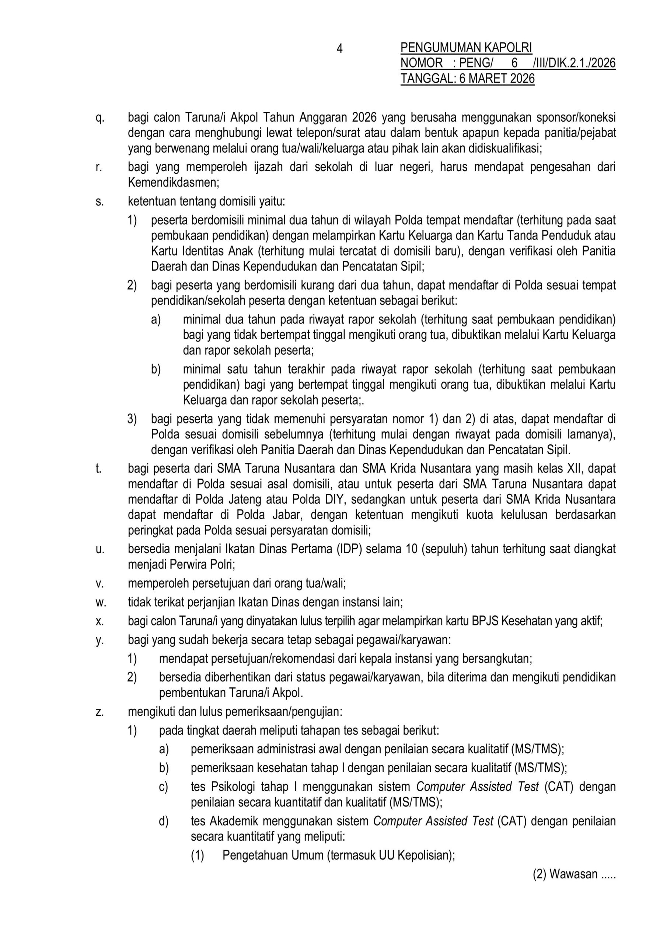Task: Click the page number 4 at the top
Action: [x=339, y=49]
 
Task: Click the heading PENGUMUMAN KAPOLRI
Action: [x=466, y=48]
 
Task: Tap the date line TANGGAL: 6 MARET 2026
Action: [x=467, y=79]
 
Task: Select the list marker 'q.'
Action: [x=100, y=118]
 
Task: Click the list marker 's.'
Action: [x=99, y=202]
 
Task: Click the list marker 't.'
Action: [x=99, y=468]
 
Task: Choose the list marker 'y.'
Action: [x=100, y=640]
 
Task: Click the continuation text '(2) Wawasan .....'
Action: [x=574, y=885]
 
